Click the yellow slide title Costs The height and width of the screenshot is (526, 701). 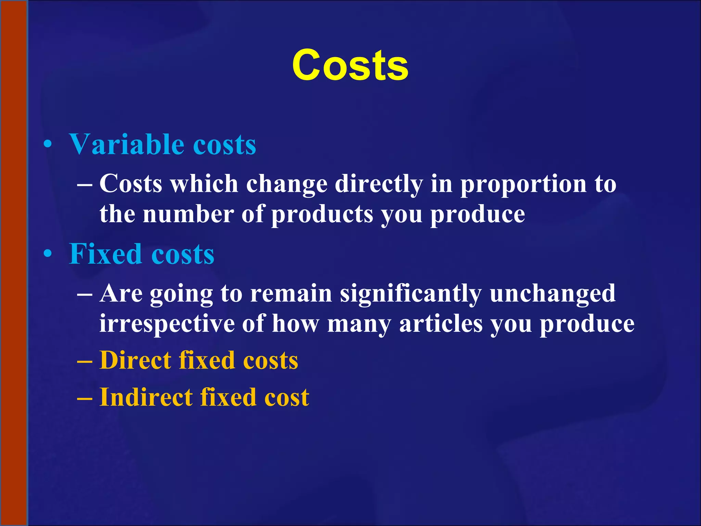pyautogui.click(x=350, y=65)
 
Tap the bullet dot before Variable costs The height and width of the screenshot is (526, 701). pyautogui.click(x=48, y=145)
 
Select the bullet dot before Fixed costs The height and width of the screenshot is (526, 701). pyautogui.click(x=48, y=254)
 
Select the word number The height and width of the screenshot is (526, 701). pyautogui.click(x=188, y=214)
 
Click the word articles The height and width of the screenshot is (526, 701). pyautogui.click(x=441, y=324)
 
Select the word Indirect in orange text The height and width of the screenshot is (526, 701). pyautogui.click(x=146, y=397)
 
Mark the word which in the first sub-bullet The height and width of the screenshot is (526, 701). pyautogui.click(x=204, y=184)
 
